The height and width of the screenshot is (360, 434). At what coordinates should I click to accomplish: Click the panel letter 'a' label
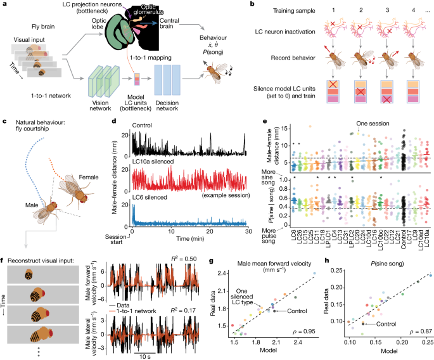[4, 5]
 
